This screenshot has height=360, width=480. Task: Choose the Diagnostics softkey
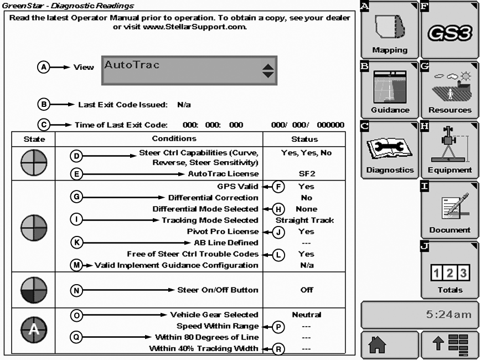389,149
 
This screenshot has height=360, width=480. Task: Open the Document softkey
450,209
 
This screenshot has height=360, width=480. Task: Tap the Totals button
450,269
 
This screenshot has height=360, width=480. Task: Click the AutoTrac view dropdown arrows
268,70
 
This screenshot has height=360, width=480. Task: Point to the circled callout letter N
78,290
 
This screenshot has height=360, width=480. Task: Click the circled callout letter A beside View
44,67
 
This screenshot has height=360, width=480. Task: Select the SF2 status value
306,173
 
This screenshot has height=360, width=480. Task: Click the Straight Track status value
306,220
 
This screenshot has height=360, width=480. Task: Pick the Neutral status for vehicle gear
306,315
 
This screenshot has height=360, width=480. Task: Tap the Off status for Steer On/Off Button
306,290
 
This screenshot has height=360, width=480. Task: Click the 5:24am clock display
419,314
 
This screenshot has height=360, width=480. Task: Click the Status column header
304,138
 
